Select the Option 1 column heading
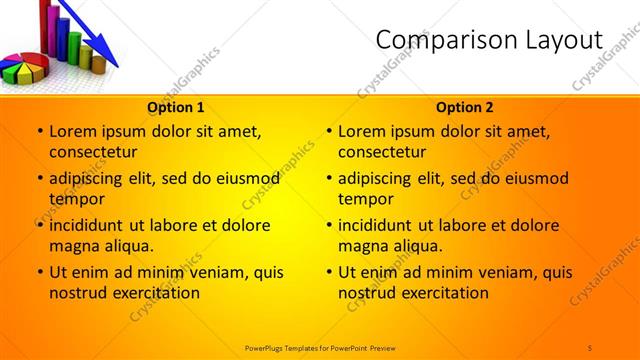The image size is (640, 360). pyautogui.click(x=176, y=107)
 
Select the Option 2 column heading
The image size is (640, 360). pyautogui.click(x=465, y=107)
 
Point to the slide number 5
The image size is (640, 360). pyautogui.click(x=591, y=347)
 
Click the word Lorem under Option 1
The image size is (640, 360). pyautogui.click(x=73, y=131)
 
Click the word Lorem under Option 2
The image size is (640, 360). pyautogui.click(x=362, y=131)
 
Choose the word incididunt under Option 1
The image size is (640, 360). pyautogui.click(x=92, y=225)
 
